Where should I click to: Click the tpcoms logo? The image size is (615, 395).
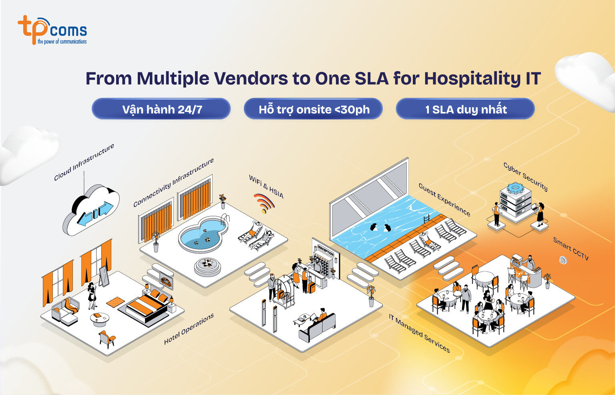coord(52,30)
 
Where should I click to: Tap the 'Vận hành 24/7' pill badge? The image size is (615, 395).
coord(161,109)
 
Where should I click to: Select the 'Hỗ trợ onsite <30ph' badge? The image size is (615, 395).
coord(313,109)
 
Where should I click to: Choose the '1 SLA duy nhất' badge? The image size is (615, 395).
coord(465,109)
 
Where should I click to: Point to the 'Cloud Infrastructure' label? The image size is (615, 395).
coord(84,162)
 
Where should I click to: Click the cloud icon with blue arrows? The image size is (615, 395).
coord(91,210)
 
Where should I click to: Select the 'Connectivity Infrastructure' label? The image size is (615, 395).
coord(173,183)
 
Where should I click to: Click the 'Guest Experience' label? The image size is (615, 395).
coord(444,199)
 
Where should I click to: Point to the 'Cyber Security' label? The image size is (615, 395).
coord(525,177)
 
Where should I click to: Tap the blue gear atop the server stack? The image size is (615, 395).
coord(515,188)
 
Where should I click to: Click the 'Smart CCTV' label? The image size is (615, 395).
coord(571,249)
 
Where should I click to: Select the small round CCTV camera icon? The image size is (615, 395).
coord(563,260)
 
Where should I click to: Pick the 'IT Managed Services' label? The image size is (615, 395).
coord(419,333)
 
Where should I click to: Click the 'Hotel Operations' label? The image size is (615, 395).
coord(189,329)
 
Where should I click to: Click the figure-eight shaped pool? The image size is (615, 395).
coord(203,234)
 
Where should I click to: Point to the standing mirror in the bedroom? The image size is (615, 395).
coord(104,276)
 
